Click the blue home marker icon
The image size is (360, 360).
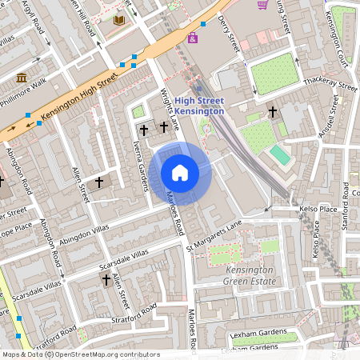point(180,173)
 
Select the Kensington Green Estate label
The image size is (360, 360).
point(245,276)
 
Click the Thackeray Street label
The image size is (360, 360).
point(330,85)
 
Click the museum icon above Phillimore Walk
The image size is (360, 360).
point(21,78)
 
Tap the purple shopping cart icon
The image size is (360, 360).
point(262,5)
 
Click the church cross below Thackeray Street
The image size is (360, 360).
point(272,112)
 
